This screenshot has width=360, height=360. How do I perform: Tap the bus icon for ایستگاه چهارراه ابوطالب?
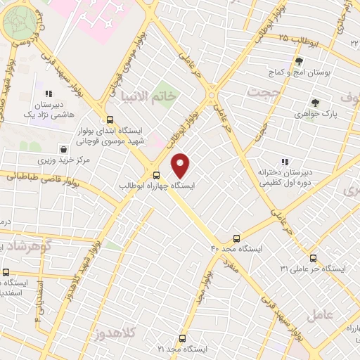pyautogui.click(x=156, y=176)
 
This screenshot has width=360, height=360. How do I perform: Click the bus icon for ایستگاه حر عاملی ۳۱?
pyautogui.click(x=314, y=258)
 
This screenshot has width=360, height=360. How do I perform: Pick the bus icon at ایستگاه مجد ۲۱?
pyautogui.click(x=182, y=338)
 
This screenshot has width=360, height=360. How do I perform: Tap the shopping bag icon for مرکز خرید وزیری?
pyautogui.click(x=64, y=149)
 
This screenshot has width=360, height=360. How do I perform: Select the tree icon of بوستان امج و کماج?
pyautogui.click(x=298, y=62)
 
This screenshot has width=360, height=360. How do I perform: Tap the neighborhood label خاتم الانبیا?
pyautogui.click(x=148, y=96)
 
